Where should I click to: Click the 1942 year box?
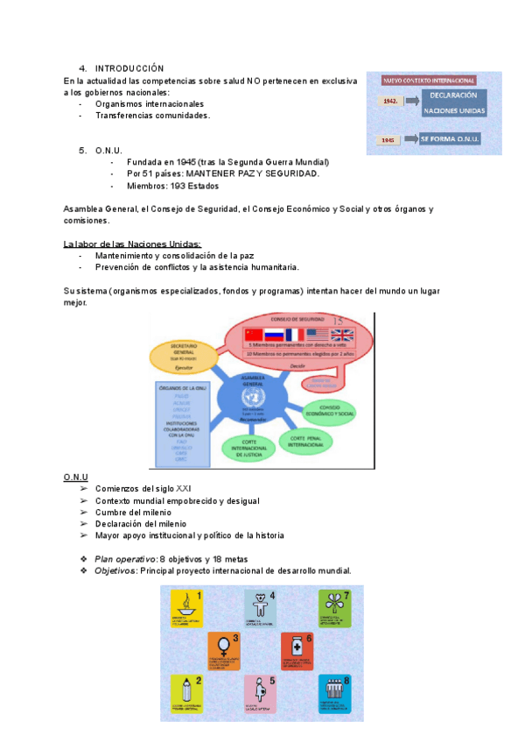[390, 102]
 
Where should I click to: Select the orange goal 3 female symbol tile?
[224, 650]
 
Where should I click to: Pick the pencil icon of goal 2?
[185, 690]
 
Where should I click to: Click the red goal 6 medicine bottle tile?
[297, 650]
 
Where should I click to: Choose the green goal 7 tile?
[335, 607]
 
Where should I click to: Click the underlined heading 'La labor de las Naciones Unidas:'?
[132, 244]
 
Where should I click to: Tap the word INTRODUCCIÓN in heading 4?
[129, 67]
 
